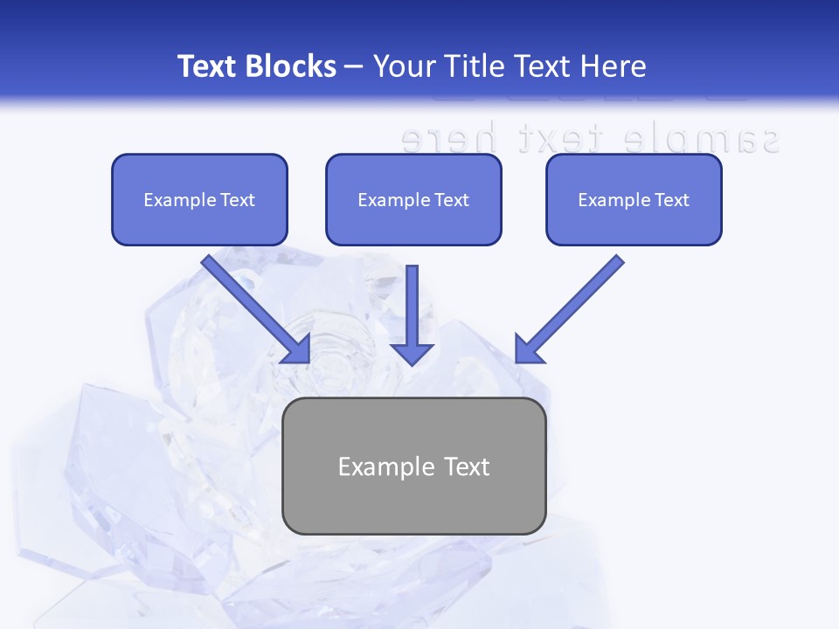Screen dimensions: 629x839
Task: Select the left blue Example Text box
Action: coord(199,199)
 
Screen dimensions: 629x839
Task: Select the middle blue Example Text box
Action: coord(413,199)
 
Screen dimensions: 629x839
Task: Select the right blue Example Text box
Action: coord(634,199)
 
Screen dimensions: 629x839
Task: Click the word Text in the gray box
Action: coord(466,467)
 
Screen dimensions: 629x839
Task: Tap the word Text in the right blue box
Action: coord(672,200)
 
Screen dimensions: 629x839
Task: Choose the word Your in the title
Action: coord(399,66)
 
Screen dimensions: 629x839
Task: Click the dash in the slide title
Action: coord(354,66)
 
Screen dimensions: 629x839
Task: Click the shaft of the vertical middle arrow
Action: coord(412,301)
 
